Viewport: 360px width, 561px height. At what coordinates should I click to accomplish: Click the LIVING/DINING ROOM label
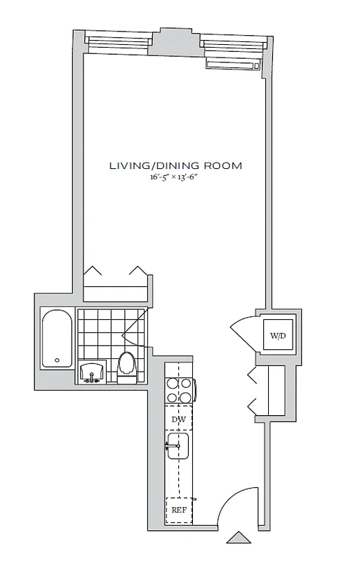point(175,165)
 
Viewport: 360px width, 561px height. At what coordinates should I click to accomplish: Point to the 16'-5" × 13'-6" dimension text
point(175,178)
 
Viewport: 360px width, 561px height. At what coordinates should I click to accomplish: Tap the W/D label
point(278,336)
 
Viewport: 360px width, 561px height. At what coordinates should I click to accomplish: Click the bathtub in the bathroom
point(55,339)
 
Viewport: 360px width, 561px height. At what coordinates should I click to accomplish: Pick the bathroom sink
point(93,372)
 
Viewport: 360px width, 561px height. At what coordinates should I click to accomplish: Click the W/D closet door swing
point(243,330)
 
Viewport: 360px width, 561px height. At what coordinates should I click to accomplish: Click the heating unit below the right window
point(232,63)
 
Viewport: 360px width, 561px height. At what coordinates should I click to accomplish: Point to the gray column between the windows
point(175,42)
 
